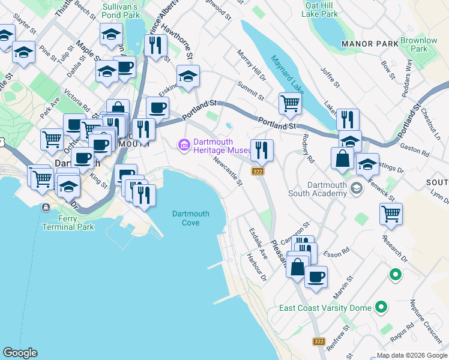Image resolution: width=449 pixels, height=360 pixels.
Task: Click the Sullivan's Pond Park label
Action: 121,11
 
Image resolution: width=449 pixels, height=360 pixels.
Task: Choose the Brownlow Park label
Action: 419,44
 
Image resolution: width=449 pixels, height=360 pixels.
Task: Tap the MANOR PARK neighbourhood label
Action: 369,44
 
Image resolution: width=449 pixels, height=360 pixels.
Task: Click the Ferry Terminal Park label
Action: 68,223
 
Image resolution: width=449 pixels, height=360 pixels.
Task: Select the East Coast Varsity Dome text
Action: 325,308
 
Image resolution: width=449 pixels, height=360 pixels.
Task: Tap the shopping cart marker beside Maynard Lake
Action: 290,103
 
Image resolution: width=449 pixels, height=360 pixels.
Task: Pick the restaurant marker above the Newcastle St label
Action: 261,149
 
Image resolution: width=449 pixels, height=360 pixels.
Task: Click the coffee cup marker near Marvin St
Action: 316,277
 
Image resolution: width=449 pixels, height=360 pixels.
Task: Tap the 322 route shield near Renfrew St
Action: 319,341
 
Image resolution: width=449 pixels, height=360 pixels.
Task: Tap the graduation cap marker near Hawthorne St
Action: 188,77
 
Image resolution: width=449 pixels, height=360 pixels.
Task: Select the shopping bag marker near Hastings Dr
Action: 342,158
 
